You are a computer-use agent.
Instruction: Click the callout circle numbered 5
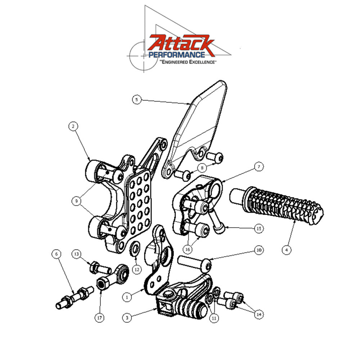coord(136,99)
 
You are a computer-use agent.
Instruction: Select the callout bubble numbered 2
coord(73,126)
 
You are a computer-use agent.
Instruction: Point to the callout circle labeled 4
coord(287,249)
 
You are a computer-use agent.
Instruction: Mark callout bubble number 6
coord(56,254)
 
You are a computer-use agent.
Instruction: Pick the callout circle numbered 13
coord(76,254)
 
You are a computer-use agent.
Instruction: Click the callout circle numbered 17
coord(100,318)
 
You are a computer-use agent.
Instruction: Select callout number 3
coord(126,318)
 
